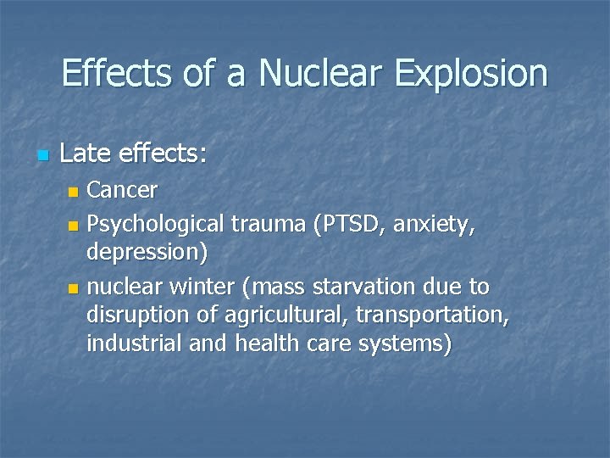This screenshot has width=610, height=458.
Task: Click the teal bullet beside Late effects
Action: tap(43, 155)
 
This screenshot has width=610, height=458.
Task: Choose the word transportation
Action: tap(430, 316)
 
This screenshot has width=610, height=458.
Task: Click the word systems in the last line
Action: tap(406, 344)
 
